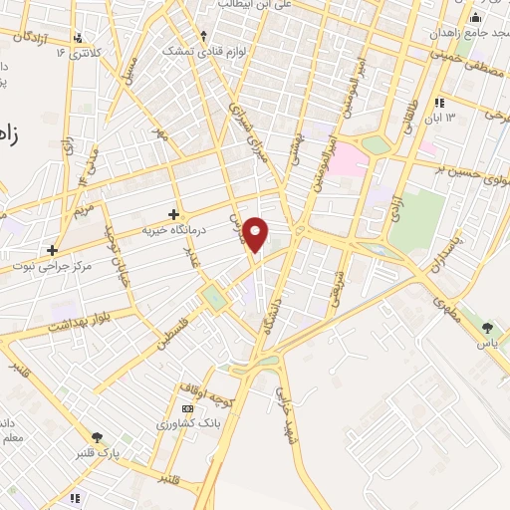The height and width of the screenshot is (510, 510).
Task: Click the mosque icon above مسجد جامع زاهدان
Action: (x=475, y=17)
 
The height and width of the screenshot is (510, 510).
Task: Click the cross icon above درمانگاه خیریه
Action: (x=174, y=214)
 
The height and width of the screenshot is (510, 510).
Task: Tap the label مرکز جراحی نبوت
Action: (x=77, y=267)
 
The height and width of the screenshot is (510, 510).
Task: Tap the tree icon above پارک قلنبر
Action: (x=97, y=437)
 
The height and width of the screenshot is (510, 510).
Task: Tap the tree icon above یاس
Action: (x=487, y=327)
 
